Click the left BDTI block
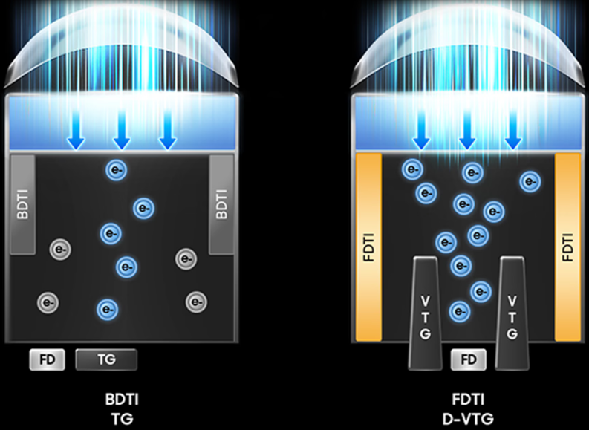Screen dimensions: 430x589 [x=22, y=204]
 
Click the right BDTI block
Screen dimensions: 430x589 [x=221, y=204]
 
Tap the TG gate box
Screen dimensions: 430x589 [x=105, y=360]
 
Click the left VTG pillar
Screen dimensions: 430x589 [x=425, y=313]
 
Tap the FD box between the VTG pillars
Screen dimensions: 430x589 [x=469, y=360]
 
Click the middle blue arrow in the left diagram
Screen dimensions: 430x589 [x=122, y=132]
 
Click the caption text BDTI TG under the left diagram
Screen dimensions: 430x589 [x=121, y=409]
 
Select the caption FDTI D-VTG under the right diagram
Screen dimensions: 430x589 [x=468, y=409]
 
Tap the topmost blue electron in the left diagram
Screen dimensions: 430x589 [x=116, y=170]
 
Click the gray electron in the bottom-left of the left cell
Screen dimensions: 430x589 [x=48, y=302]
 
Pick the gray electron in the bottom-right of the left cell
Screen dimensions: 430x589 [x=195, y=302]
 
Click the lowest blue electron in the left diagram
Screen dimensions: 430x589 [x=107, y=308]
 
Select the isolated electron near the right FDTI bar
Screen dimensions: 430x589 [x=530, y=181]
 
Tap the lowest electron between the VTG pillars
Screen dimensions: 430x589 [x=460, y=310]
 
